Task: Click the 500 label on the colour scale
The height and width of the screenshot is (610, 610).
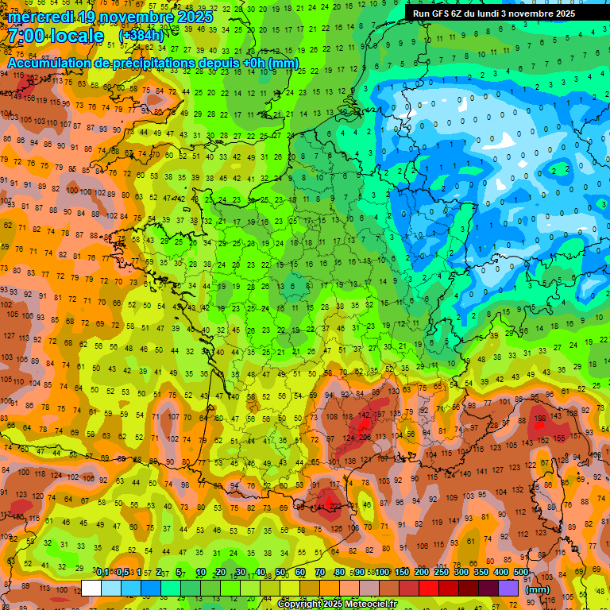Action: [x=521, y=573]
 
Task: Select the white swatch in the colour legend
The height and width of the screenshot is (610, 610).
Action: [x=91, y=588]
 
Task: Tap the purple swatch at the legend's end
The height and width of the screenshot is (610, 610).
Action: [x=509, y=588]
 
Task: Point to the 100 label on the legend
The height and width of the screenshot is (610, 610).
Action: [x=383, y=573]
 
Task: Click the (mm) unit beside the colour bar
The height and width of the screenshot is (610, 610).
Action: [x=538, y=589]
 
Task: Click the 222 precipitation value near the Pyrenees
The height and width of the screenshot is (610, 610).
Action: [x=336, y=507]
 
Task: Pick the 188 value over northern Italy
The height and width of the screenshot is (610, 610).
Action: [x=540, y=418]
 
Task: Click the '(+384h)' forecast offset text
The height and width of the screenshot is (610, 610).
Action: [x=141, y=36]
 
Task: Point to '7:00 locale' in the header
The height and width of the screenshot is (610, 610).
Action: [x=56, y=36]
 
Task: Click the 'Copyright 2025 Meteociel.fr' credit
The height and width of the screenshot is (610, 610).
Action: [x=338, y=604]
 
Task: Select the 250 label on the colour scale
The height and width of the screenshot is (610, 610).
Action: [x=442, y=573]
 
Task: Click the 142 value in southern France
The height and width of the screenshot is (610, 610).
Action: [x=365, y=415]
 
